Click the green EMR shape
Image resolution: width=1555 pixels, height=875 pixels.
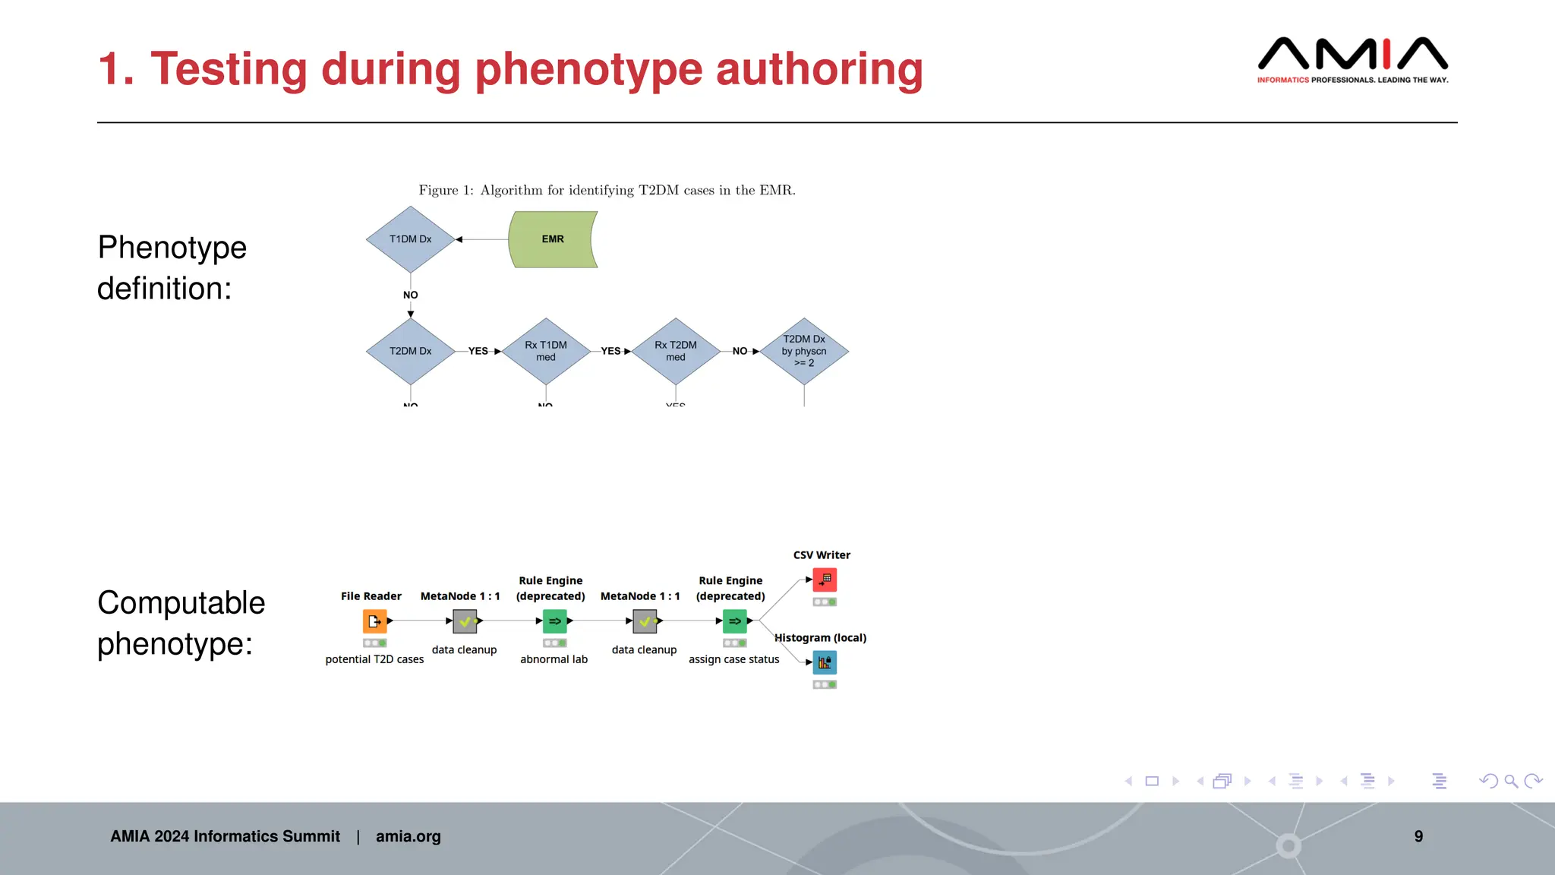click(553, 239)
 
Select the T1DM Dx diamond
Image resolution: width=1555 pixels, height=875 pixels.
click(410, 239)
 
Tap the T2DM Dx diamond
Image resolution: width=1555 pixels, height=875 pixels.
click(410, 351)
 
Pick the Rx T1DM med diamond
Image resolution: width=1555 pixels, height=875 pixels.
click(546, 351)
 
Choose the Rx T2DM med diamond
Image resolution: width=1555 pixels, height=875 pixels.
click(675, 351)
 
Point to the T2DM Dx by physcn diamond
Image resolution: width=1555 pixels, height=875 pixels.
click(804, 351)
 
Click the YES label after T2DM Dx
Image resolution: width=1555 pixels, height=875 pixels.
click(478, 351)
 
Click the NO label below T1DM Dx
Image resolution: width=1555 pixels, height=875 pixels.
click(410, 295)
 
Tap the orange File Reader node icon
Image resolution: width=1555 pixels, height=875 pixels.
click(374, 621)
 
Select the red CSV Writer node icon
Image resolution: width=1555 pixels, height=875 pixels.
click(825, 580)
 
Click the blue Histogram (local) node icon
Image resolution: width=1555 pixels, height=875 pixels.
click(825, 663)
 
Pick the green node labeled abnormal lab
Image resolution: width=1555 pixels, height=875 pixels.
click(555, 621)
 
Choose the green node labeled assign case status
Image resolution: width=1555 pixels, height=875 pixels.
click(734, 621)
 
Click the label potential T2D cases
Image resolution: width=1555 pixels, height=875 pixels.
click(374, 659)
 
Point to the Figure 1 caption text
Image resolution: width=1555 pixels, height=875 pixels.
click(607, 190)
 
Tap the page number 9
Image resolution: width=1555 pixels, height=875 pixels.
click(1418, 836)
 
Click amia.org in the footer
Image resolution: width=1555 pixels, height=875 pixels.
click(408, 836)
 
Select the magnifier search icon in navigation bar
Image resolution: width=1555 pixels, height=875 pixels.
click(1510, 781)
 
